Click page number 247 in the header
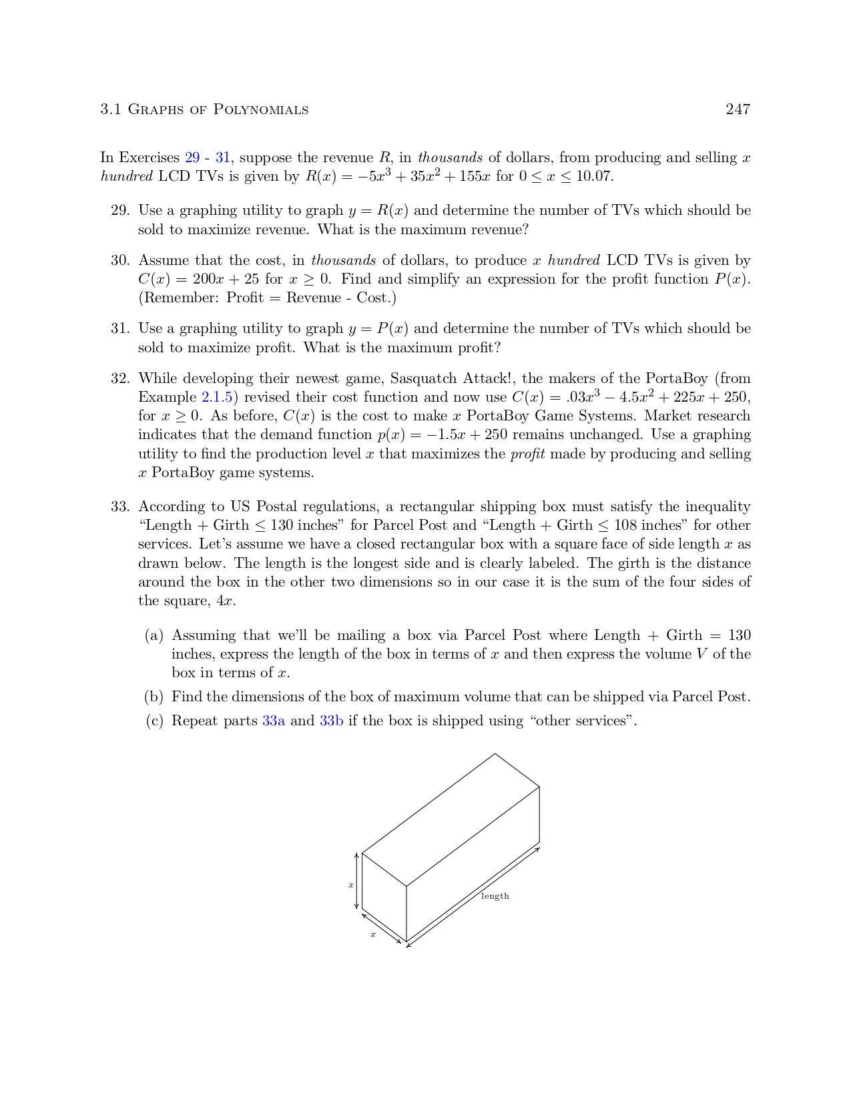point(738,109)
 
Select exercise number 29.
point(119,211)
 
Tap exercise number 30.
point(119,260)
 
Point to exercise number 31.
point(119,328)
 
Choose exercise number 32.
point(119,379)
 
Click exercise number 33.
point(119,506)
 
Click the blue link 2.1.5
point(217,398)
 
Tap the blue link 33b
point(332,721)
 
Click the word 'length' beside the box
point(495,896)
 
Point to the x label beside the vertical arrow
point(350,885)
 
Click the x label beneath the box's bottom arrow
point(373,935)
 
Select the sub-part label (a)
point(154,635)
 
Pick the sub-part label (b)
point(154,697)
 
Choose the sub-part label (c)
point(154,721)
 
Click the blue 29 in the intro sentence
point(192,158)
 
